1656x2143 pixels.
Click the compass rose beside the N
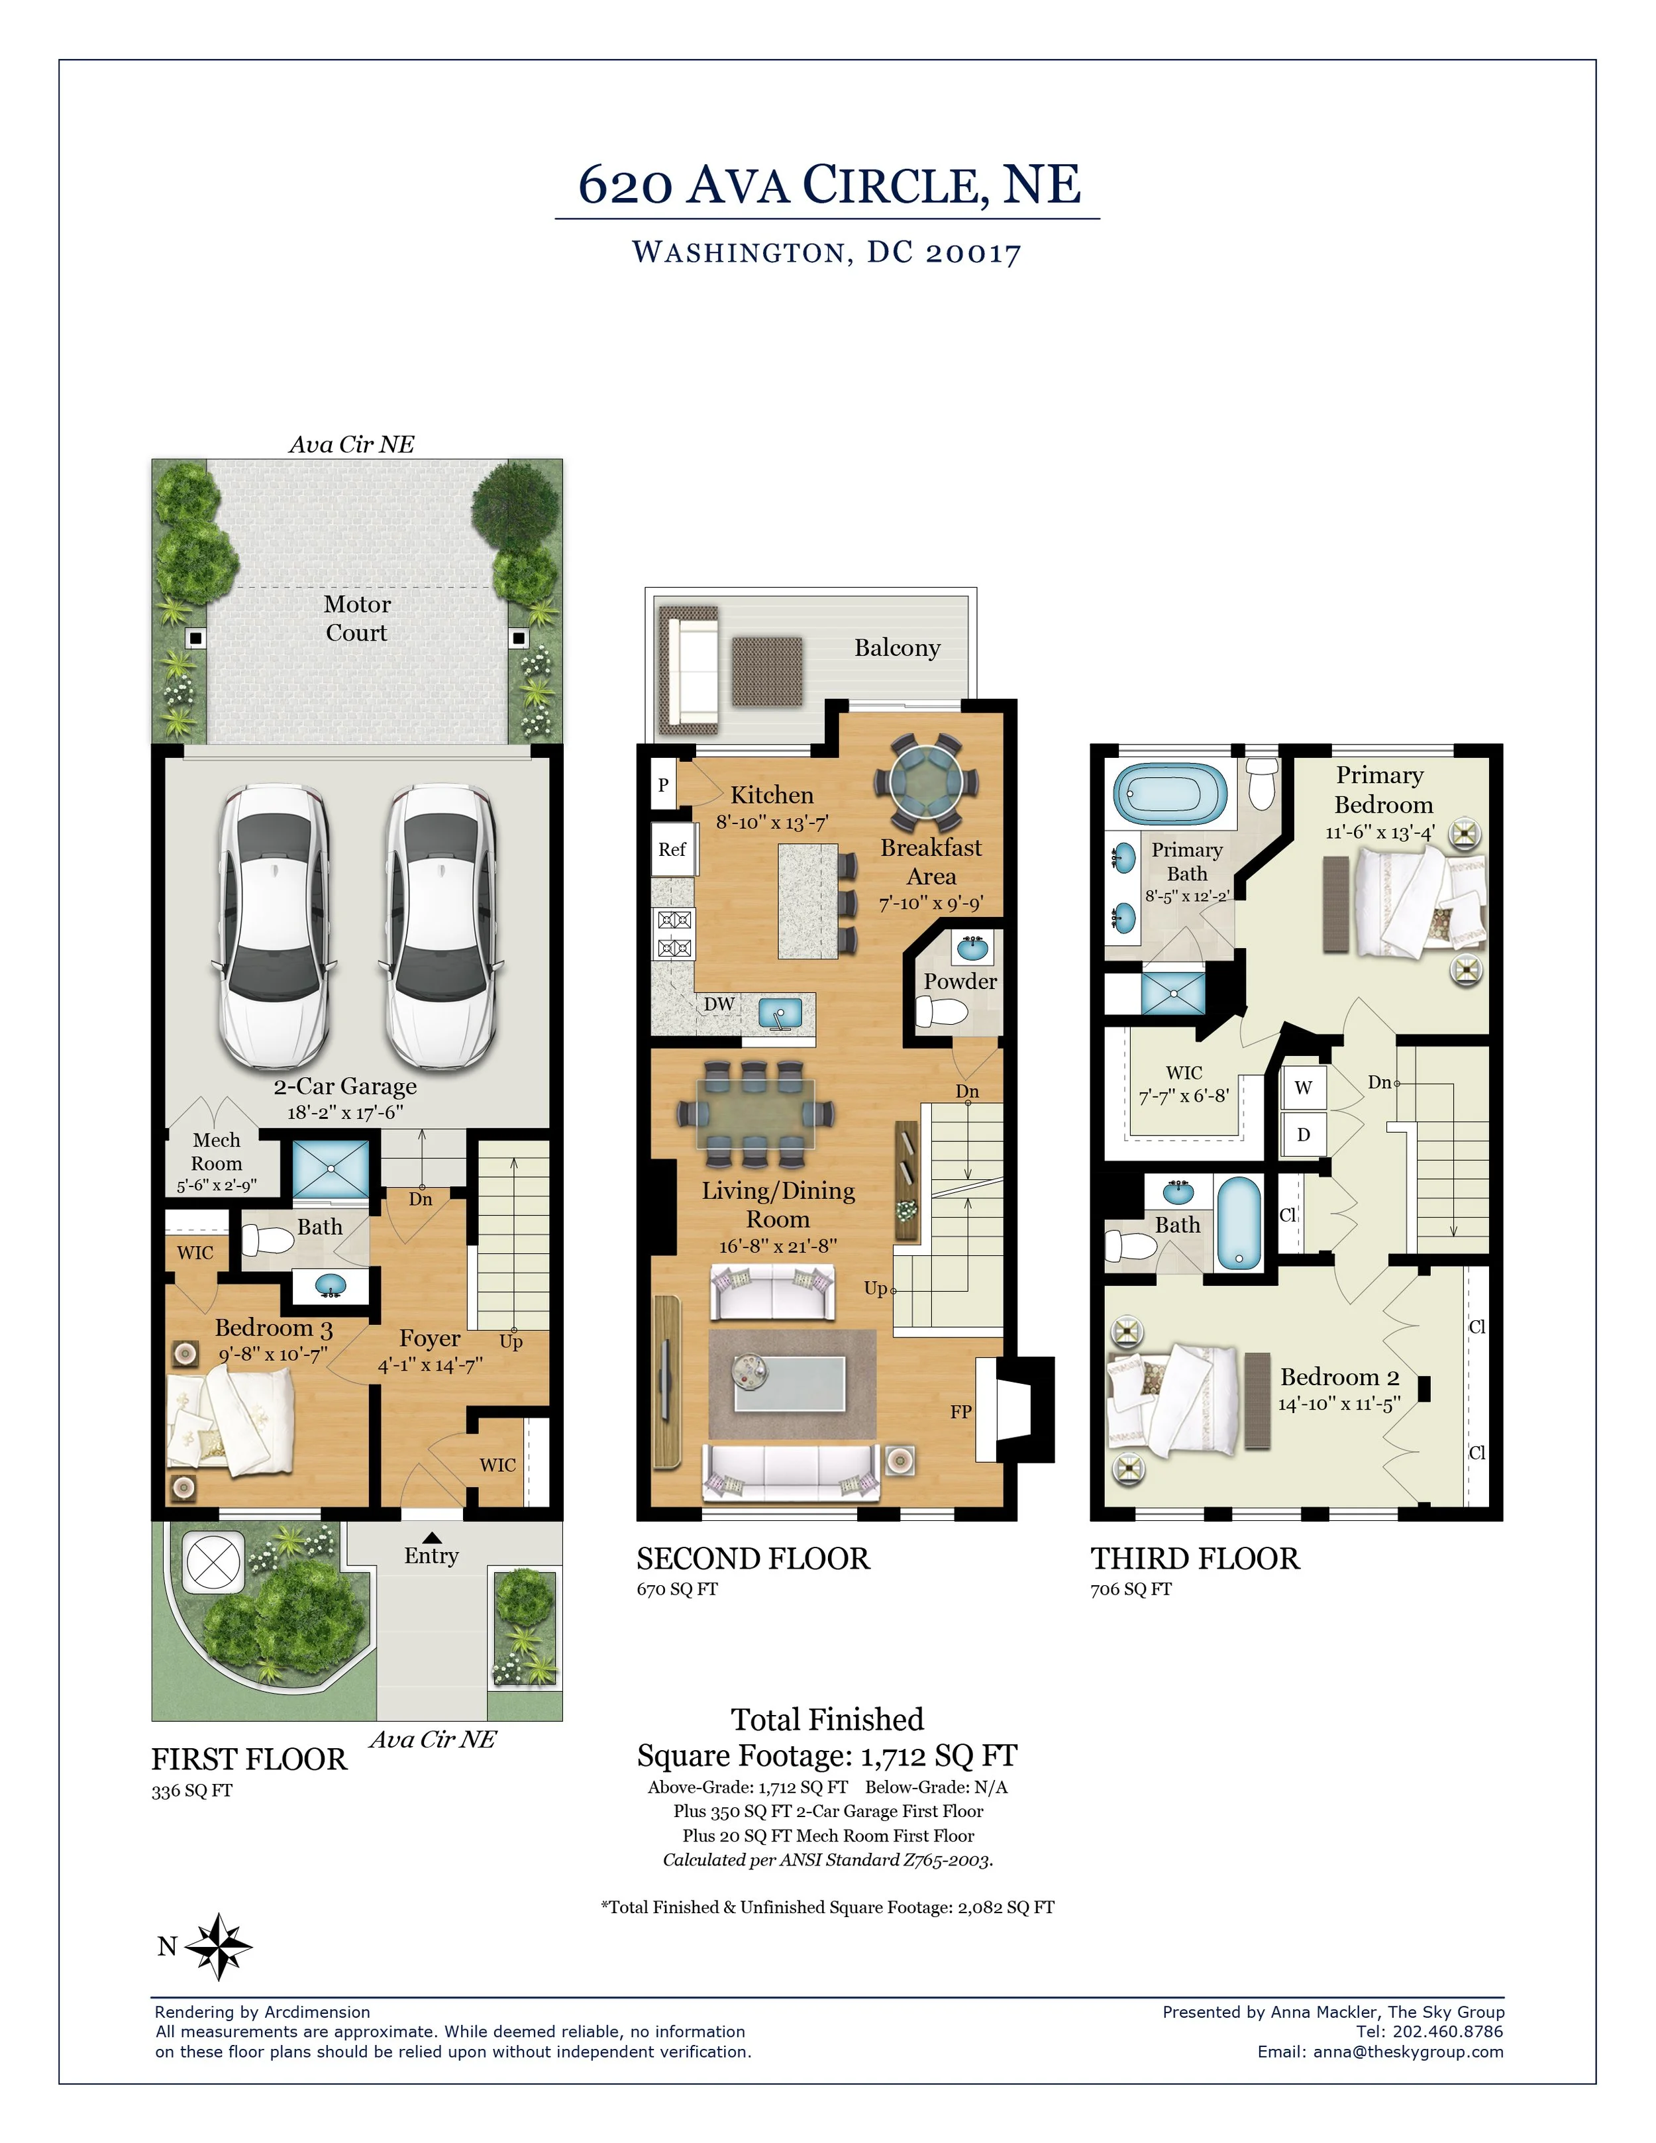(x=219, y=1946)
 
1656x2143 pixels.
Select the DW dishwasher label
(x=719, y=1004)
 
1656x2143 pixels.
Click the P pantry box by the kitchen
(x=663, y=785)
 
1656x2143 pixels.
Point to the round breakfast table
(x=925, y=783)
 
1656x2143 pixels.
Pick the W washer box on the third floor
(x=1304, y=1087)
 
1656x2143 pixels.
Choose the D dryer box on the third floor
(x=1304, y=1134)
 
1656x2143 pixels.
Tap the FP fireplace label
(x=960, y=1412)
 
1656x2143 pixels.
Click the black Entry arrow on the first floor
(x=432, y=1538)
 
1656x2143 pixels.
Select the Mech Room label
(x=217, y=1152)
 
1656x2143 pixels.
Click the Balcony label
(x=897, y=648)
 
